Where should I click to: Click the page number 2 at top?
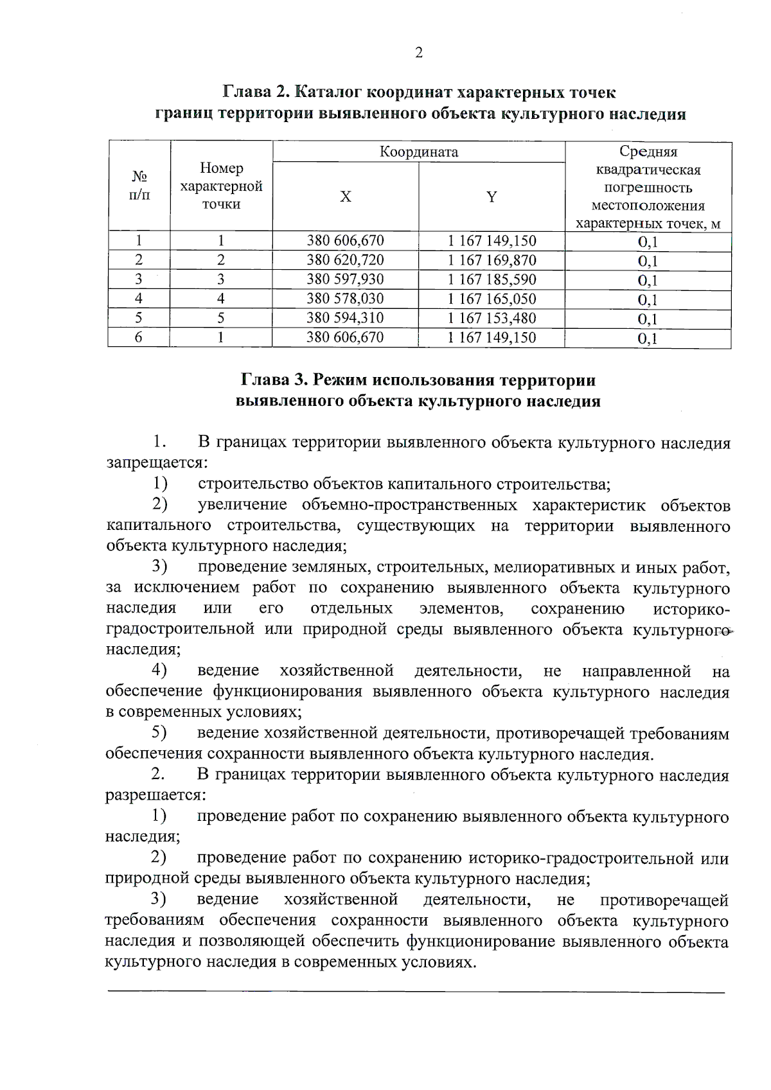pyautogui.click(x=419, y=53)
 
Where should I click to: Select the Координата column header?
pyautogui.click(x=419, y=152)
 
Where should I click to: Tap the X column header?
pyautogui.click(x=346, y=197)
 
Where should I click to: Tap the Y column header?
pyautogui.click(x=492, y=197)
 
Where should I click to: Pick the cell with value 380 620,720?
pyautogui.click(x=345, y=261)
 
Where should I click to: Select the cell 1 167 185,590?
pyautogui.click(x=492, y=280)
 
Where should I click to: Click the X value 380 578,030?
pyautogui.click(x=345, y=299)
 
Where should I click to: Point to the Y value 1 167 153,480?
pyautogui.click(x=492, y=319)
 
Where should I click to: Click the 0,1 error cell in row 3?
pyautogui.click(x=648, y=281)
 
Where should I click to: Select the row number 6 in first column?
pyautogui.click(x=139, y=338)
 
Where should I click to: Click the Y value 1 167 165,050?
pyautogui.click(x=492, y=299)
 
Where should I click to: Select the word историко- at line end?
pyautogui.click(x=691, y=609)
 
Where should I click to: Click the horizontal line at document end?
pyautogui.click(x=415, y=993)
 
